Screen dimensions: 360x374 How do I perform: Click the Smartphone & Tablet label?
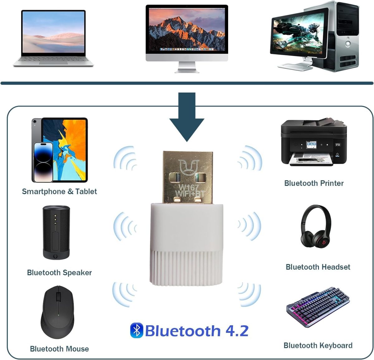(59, 191)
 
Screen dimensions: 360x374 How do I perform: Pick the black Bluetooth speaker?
(56, 232)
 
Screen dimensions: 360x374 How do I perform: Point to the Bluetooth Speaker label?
(59, 272)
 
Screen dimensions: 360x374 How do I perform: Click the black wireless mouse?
(57, 312)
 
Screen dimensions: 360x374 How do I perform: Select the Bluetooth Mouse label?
(59, 348)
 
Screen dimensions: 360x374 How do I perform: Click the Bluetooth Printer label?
(314, 183)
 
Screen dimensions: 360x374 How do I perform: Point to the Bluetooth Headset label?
(318, 267)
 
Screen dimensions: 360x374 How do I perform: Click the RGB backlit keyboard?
(318, 307)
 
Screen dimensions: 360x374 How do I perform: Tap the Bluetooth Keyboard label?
(318, 345)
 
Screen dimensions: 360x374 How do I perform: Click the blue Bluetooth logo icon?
(137, 330)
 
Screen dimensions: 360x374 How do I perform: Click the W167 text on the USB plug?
(188, 188)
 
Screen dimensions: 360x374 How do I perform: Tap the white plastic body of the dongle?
(187, 237)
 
